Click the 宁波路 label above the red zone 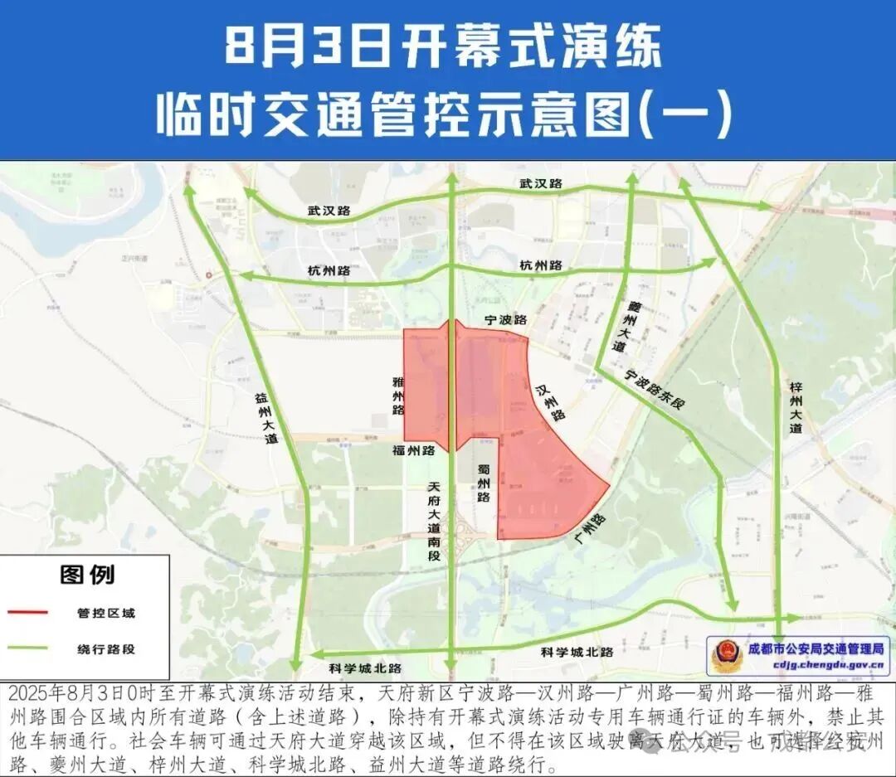point(506,319)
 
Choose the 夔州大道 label point(616,327)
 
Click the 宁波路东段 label point(660,392)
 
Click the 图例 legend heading point(87,574)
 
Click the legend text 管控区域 point(106,614)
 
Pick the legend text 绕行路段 point(106,649)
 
